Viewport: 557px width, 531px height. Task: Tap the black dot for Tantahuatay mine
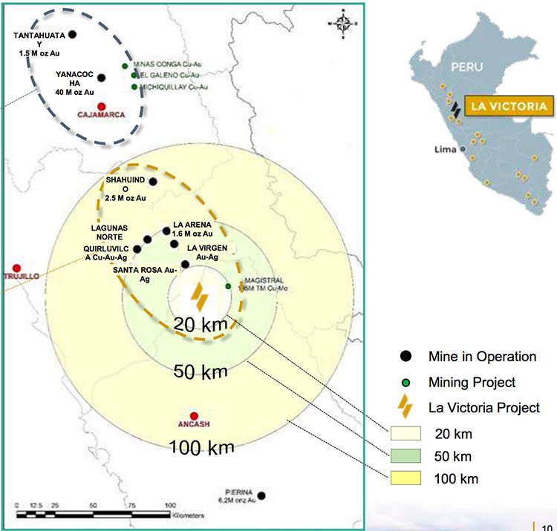(73, 34)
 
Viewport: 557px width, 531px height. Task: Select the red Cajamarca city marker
(102, 106)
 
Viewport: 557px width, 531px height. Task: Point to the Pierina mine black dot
(261, 495)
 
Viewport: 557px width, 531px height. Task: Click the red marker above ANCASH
(194, 416)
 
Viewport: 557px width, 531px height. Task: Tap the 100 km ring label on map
(201, 447)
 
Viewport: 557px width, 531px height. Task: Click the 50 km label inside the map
(200, 372)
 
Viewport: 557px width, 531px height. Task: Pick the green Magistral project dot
(229, 286)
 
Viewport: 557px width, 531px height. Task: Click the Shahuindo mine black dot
(153, 181)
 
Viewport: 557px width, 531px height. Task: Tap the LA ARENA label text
(192, 224)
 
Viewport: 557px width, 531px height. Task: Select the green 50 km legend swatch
(405, 455)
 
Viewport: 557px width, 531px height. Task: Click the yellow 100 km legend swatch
(405, 478)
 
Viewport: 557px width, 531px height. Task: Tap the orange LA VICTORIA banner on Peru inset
(509, 106)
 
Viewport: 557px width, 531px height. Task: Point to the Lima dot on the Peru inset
(463, 148)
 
